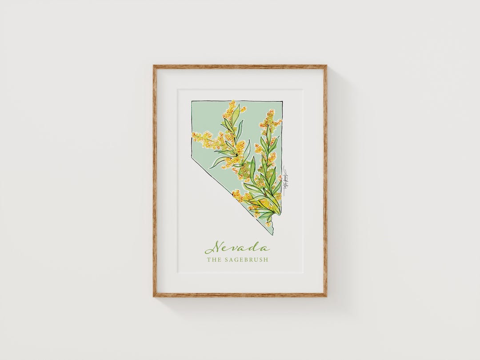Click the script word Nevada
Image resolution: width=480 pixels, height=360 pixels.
(x=236, y=247)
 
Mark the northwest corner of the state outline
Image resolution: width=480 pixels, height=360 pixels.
(x=192, y=102)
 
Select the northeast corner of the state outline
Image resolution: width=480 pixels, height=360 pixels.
(x=282, y=102)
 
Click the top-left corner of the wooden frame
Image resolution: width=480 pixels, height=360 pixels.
(x=154, y=66)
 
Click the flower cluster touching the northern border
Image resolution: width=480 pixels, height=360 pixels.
(x=231, y=105)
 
